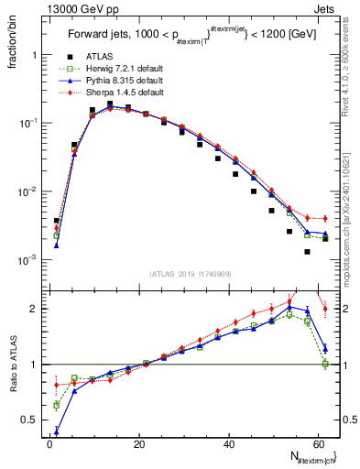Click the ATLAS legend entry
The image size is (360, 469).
tap(90, 56)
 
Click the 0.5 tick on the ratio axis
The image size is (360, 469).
tap(34, 420)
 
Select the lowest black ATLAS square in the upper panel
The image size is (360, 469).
tap(308, 251)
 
